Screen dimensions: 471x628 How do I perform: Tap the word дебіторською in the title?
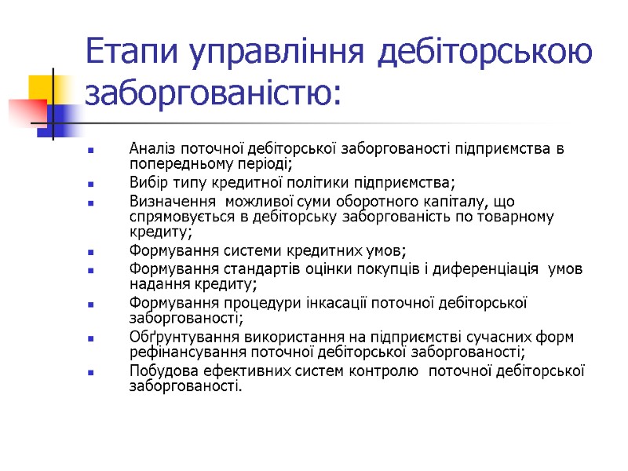coord(486,53)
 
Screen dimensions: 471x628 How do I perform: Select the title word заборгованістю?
coord(213,94)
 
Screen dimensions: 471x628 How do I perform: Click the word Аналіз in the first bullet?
coord(152,149)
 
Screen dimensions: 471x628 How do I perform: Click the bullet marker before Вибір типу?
coord(92,184)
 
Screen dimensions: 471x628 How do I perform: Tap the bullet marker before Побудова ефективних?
coord(92,373)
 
